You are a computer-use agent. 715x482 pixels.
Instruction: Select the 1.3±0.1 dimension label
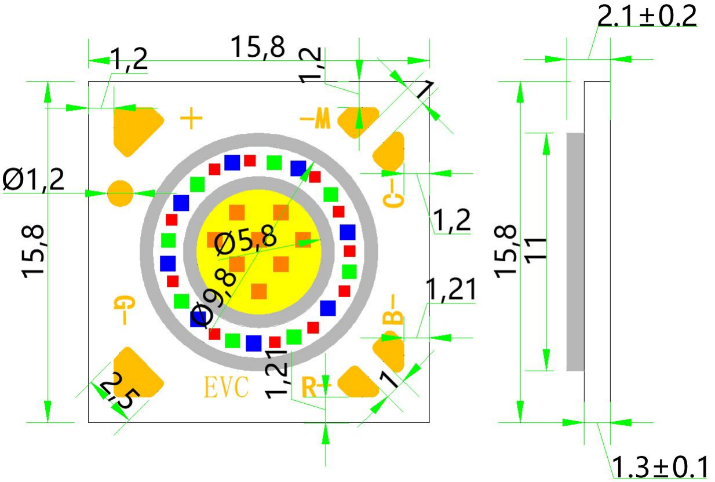pyautogui.click(x=660, y=467)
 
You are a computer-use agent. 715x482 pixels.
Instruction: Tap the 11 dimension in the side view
pyautogui.click(x=538, y=249)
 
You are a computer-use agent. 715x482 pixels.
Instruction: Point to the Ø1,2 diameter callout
pyautogui.click(x=34, y=180)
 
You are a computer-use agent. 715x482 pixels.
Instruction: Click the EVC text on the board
pyautogui.click(x=227, y=387)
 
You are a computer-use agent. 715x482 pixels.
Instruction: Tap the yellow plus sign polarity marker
pyautogui.click(x=191, y=119)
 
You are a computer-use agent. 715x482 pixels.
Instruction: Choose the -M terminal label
pyautogui.click(x=315, y=120)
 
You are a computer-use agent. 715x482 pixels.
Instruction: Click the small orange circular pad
pyautogui.click(x=121, y=192)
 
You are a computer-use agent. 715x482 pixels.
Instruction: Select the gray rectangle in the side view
pyautogui.click(x=575, y=251)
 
